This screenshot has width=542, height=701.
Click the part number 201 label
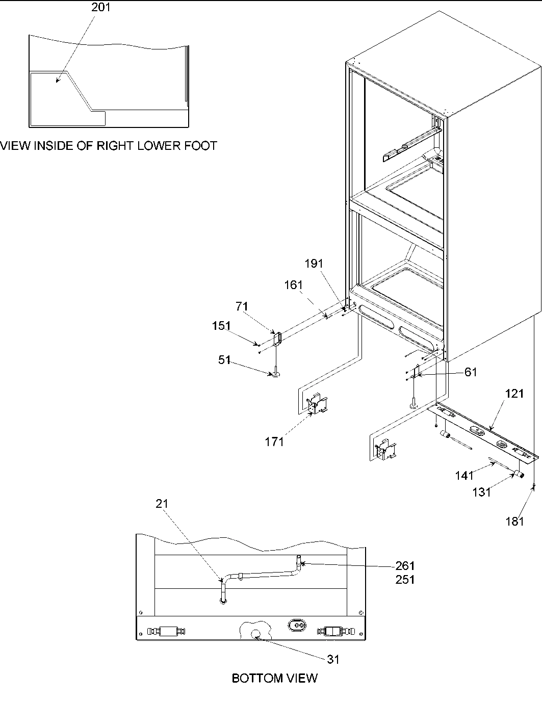point(100,8)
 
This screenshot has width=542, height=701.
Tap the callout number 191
point(314,263)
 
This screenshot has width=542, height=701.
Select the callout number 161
point(293,285)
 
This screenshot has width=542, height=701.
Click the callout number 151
point(221,326)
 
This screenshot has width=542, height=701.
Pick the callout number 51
point(224,360)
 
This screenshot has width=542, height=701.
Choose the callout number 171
point(274,442)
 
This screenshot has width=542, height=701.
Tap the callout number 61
point(470,372)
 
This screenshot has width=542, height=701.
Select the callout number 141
point(464,475)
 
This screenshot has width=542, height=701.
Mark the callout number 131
point(482,492)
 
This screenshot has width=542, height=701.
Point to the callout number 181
point(515,522)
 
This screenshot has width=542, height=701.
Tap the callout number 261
point(405,566)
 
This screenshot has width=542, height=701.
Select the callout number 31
point(333,659)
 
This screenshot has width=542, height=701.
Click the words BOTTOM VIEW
point(274,678)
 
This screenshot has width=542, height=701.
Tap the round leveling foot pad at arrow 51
point(275,375)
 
